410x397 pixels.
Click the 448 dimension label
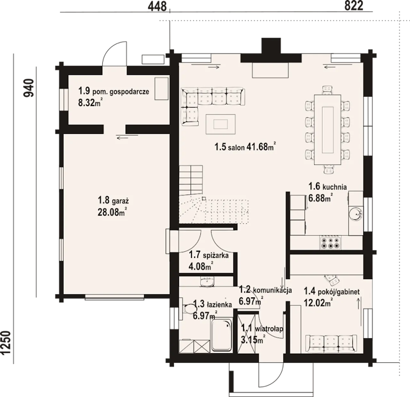pos(157,6)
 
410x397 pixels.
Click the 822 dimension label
pos(354,6)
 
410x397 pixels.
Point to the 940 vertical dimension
pos(29,88)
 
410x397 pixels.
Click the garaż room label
pos(120,201)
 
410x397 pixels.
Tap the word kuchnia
pos(334,187)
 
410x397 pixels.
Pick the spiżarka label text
pos(216,256)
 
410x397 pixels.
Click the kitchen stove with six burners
pos(330,243)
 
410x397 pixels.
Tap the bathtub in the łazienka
pos(222,336)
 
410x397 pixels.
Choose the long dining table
pos(327,130)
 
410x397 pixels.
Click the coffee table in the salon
pos(221,124)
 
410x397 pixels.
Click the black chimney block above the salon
pos(271,51)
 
